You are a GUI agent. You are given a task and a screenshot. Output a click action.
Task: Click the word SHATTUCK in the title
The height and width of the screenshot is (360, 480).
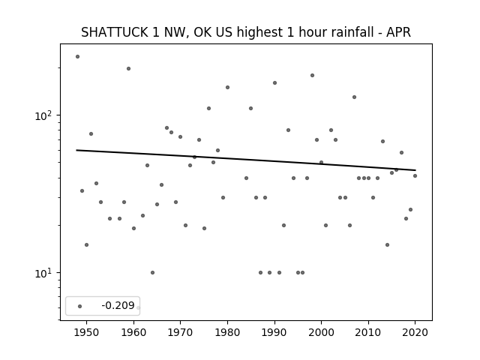click(114, 32)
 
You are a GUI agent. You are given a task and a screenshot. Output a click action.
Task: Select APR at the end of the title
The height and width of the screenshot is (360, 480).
click(398, 32)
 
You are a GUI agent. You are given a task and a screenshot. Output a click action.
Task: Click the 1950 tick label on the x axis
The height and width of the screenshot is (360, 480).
click(87, 332)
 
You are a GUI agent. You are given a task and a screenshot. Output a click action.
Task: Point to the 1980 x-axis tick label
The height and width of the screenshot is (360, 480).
click(227, 332)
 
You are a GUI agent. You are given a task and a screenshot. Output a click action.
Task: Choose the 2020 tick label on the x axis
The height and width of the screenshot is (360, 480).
click(415, 332)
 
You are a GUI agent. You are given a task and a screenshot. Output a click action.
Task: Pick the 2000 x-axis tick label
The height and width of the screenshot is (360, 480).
click(321, 332)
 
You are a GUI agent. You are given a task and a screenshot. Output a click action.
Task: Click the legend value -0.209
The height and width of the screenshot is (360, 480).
click(118, 305)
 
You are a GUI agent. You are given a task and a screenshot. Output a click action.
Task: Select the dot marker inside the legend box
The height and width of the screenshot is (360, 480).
click(80, 306)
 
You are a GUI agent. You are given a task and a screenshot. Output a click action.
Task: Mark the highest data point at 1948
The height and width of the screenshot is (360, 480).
click(77, 57)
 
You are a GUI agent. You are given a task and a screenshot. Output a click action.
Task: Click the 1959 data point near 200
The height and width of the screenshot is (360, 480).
click(128, 68)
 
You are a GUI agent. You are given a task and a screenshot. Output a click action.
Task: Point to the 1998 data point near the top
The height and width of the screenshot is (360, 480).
click(312, 75)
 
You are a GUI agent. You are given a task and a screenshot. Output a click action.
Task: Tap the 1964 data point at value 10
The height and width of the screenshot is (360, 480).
click(152, 272)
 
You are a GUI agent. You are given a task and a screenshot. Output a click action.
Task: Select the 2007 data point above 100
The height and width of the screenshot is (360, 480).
click(354, 97)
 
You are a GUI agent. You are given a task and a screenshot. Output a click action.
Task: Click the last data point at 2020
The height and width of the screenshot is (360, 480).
click(415, 175)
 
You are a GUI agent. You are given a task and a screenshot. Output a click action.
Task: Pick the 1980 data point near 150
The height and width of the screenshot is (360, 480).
click(227, 87)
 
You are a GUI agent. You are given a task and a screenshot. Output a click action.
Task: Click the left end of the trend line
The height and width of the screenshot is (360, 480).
click(76, 150)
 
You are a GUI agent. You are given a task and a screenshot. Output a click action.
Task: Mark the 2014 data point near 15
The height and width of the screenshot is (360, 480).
click(387, 244)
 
